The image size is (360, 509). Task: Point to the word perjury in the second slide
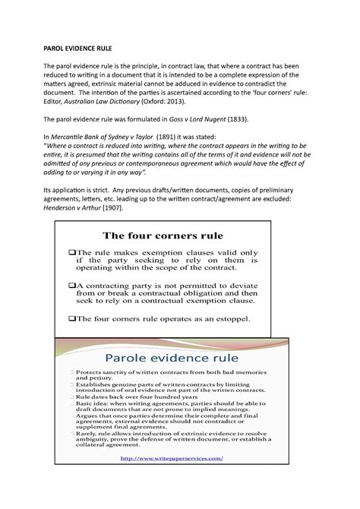coord(108,383)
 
